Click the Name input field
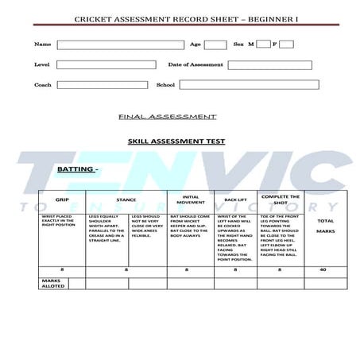pos(120,45)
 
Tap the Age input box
pos(212,45)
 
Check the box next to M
pos(263,45)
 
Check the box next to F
pos(286,45)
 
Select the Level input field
pos(106,64)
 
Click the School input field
pos(249,84)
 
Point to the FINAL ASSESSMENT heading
pos(167,117)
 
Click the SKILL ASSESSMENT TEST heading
pos(176,141)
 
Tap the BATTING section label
pos(76,169)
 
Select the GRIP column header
pos(61,199)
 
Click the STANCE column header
pos(126,199)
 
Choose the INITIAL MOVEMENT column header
pos(190,199)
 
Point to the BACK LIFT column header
pos(235,199)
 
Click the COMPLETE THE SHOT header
pos(280,199)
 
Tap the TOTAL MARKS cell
pos(325,226)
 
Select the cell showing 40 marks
pos(323,269)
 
